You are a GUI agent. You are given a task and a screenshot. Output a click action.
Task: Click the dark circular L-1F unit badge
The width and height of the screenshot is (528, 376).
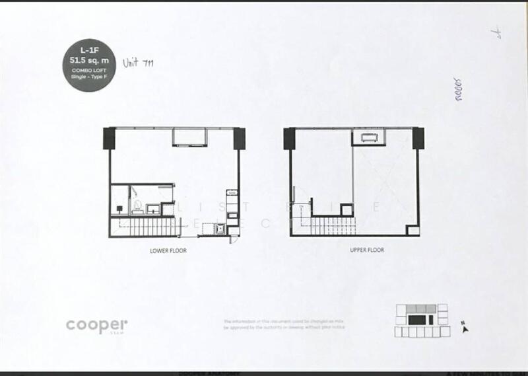92,65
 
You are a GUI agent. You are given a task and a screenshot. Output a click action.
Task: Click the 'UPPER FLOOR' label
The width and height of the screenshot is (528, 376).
367,250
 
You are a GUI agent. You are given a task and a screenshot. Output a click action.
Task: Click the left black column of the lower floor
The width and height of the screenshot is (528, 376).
108,139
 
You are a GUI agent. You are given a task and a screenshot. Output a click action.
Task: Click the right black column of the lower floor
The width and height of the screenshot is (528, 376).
240,139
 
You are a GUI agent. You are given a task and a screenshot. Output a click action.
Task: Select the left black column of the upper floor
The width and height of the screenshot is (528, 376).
289,139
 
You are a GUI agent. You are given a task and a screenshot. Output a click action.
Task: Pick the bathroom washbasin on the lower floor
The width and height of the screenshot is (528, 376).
152,209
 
